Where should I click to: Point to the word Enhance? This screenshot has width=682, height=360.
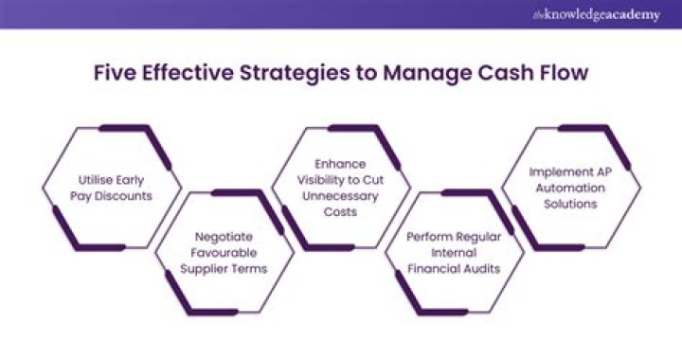click(x=342, y=165)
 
